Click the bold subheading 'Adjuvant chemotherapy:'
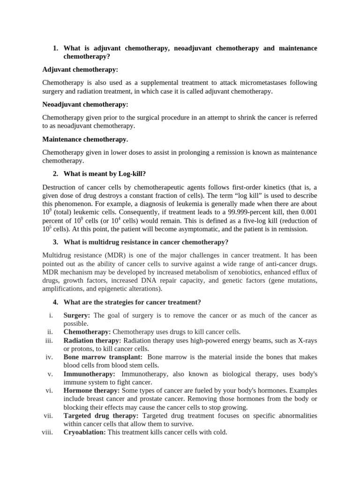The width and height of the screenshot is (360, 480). (80, 69)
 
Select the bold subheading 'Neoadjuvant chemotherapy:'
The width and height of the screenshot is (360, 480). (85, 104)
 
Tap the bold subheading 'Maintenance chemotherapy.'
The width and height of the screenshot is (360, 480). (85, 139)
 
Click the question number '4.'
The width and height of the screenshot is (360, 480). (55, 302)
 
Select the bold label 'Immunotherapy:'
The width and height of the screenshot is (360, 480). (89, 374)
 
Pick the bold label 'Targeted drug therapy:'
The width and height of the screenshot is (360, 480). (101, 416)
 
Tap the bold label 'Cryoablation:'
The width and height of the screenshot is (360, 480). (84, 432)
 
